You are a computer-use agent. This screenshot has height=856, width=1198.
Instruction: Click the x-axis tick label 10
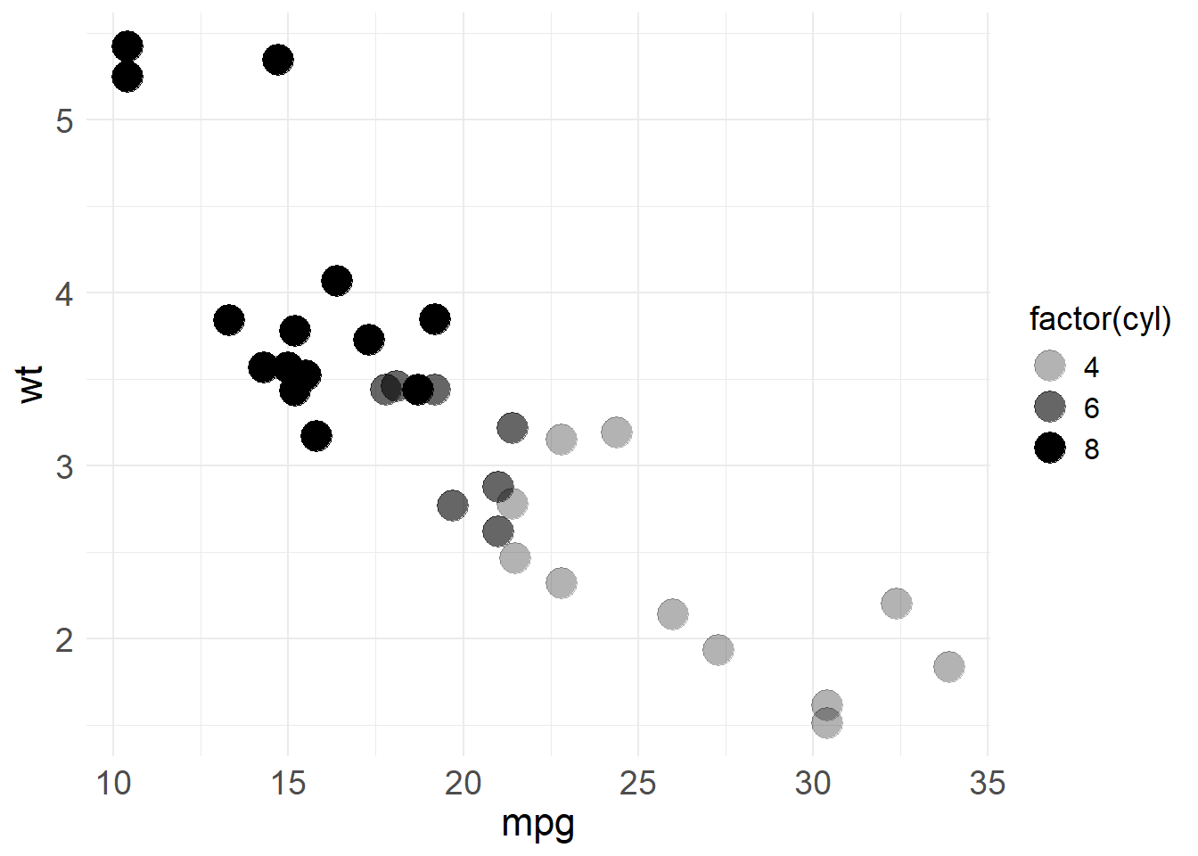click(113, 783)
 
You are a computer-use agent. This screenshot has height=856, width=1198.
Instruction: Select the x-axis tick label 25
click(637, 783)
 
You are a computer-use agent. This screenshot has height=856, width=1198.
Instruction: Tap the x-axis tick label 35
click(987, 783)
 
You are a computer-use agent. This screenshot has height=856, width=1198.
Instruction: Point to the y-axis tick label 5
click(64, 120)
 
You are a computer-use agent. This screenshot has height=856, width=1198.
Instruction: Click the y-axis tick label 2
click(64, 639)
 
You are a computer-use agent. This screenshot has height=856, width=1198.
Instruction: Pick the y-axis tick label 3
click(64, 466)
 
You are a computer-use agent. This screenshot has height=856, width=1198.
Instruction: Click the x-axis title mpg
click(537, 824)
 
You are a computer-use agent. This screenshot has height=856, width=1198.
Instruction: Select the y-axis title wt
click(31, 383)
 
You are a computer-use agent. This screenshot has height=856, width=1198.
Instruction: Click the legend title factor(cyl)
click(1100, 318)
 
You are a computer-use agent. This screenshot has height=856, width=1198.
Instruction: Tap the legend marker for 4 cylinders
click(1050, 366)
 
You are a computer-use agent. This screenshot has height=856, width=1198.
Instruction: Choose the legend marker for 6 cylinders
click(1050, 407)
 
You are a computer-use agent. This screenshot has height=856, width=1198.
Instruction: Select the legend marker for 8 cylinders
click(1050, 448)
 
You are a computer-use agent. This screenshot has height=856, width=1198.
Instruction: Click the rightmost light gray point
click(949, 666)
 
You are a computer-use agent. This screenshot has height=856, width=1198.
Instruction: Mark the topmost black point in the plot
click(127, 46)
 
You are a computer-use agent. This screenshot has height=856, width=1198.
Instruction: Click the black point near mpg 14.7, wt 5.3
click(278, 60)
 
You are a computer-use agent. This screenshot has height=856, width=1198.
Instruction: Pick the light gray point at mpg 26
click(673, 613)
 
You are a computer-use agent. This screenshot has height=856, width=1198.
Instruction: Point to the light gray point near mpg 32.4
click(897, 604)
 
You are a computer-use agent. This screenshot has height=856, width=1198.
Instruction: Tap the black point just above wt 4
click(337, 281)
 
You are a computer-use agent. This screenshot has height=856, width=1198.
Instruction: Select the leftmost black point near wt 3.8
click(229, 320)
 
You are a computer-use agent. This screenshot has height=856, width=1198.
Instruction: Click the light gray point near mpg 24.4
click(617, 432)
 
